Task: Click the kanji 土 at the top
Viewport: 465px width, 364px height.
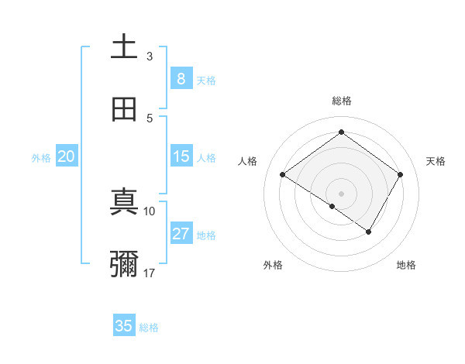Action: pyautogui.click(x=124, y=46)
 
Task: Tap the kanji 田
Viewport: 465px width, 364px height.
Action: pyautogui.click(x=124, y=109)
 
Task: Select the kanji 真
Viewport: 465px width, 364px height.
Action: pyautogui.click(x=124, y=202)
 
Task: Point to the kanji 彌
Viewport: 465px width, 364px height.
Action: pyautogui.click(x=124, y=264)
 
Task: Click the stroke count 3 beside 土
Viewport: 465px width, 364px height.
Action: pyautogui.click(x=150, y=56)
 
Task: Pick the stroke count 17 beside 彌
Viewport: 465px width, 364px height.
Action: pyautogui.click(x=150, y=273)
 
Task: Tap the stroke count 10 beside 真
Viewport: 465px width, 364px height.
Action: pyautogui.click(x=150, y=211)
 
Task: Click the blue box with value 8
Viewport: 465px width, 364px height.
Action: pyautogui.click(x=181, y=79)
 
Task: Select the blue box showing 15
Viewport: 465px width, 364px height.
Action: pyautogui.click(x=181, y=156)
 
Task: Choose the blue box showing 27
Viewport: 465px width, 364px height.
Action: pyautogui.click(x=181, y=234)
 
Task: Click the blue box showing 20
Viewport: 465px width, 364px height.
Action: pyautogui.click(x=67, y=156)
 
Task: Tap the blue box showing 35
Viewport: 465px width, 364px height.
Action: pyautogui.click(x=124, y=326)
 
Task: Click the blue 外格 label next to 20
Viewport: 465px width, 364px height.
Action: pyautogui.click(x=41, y=158)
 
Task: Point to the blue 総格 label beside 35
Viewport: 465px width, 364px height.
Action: pyautogui.click(x=149, y=328)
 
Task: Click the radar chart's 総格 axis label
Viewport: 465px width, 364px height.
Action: pyautogui.click(x=342, y=101)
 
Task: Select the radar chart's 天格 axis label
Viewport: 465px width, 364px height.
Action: pyautogui.click(x=436, y=161)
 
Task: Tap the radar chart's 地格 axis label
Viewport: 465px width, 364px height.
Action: pyautogui.click(x=406, y=265)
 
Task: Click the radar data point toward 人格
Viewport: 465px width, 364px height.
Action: pyautogui.click(x=283, y=175)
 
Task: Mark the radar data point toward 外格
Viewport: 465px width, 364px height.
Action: pyautogui.click(x=332, y=206)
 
